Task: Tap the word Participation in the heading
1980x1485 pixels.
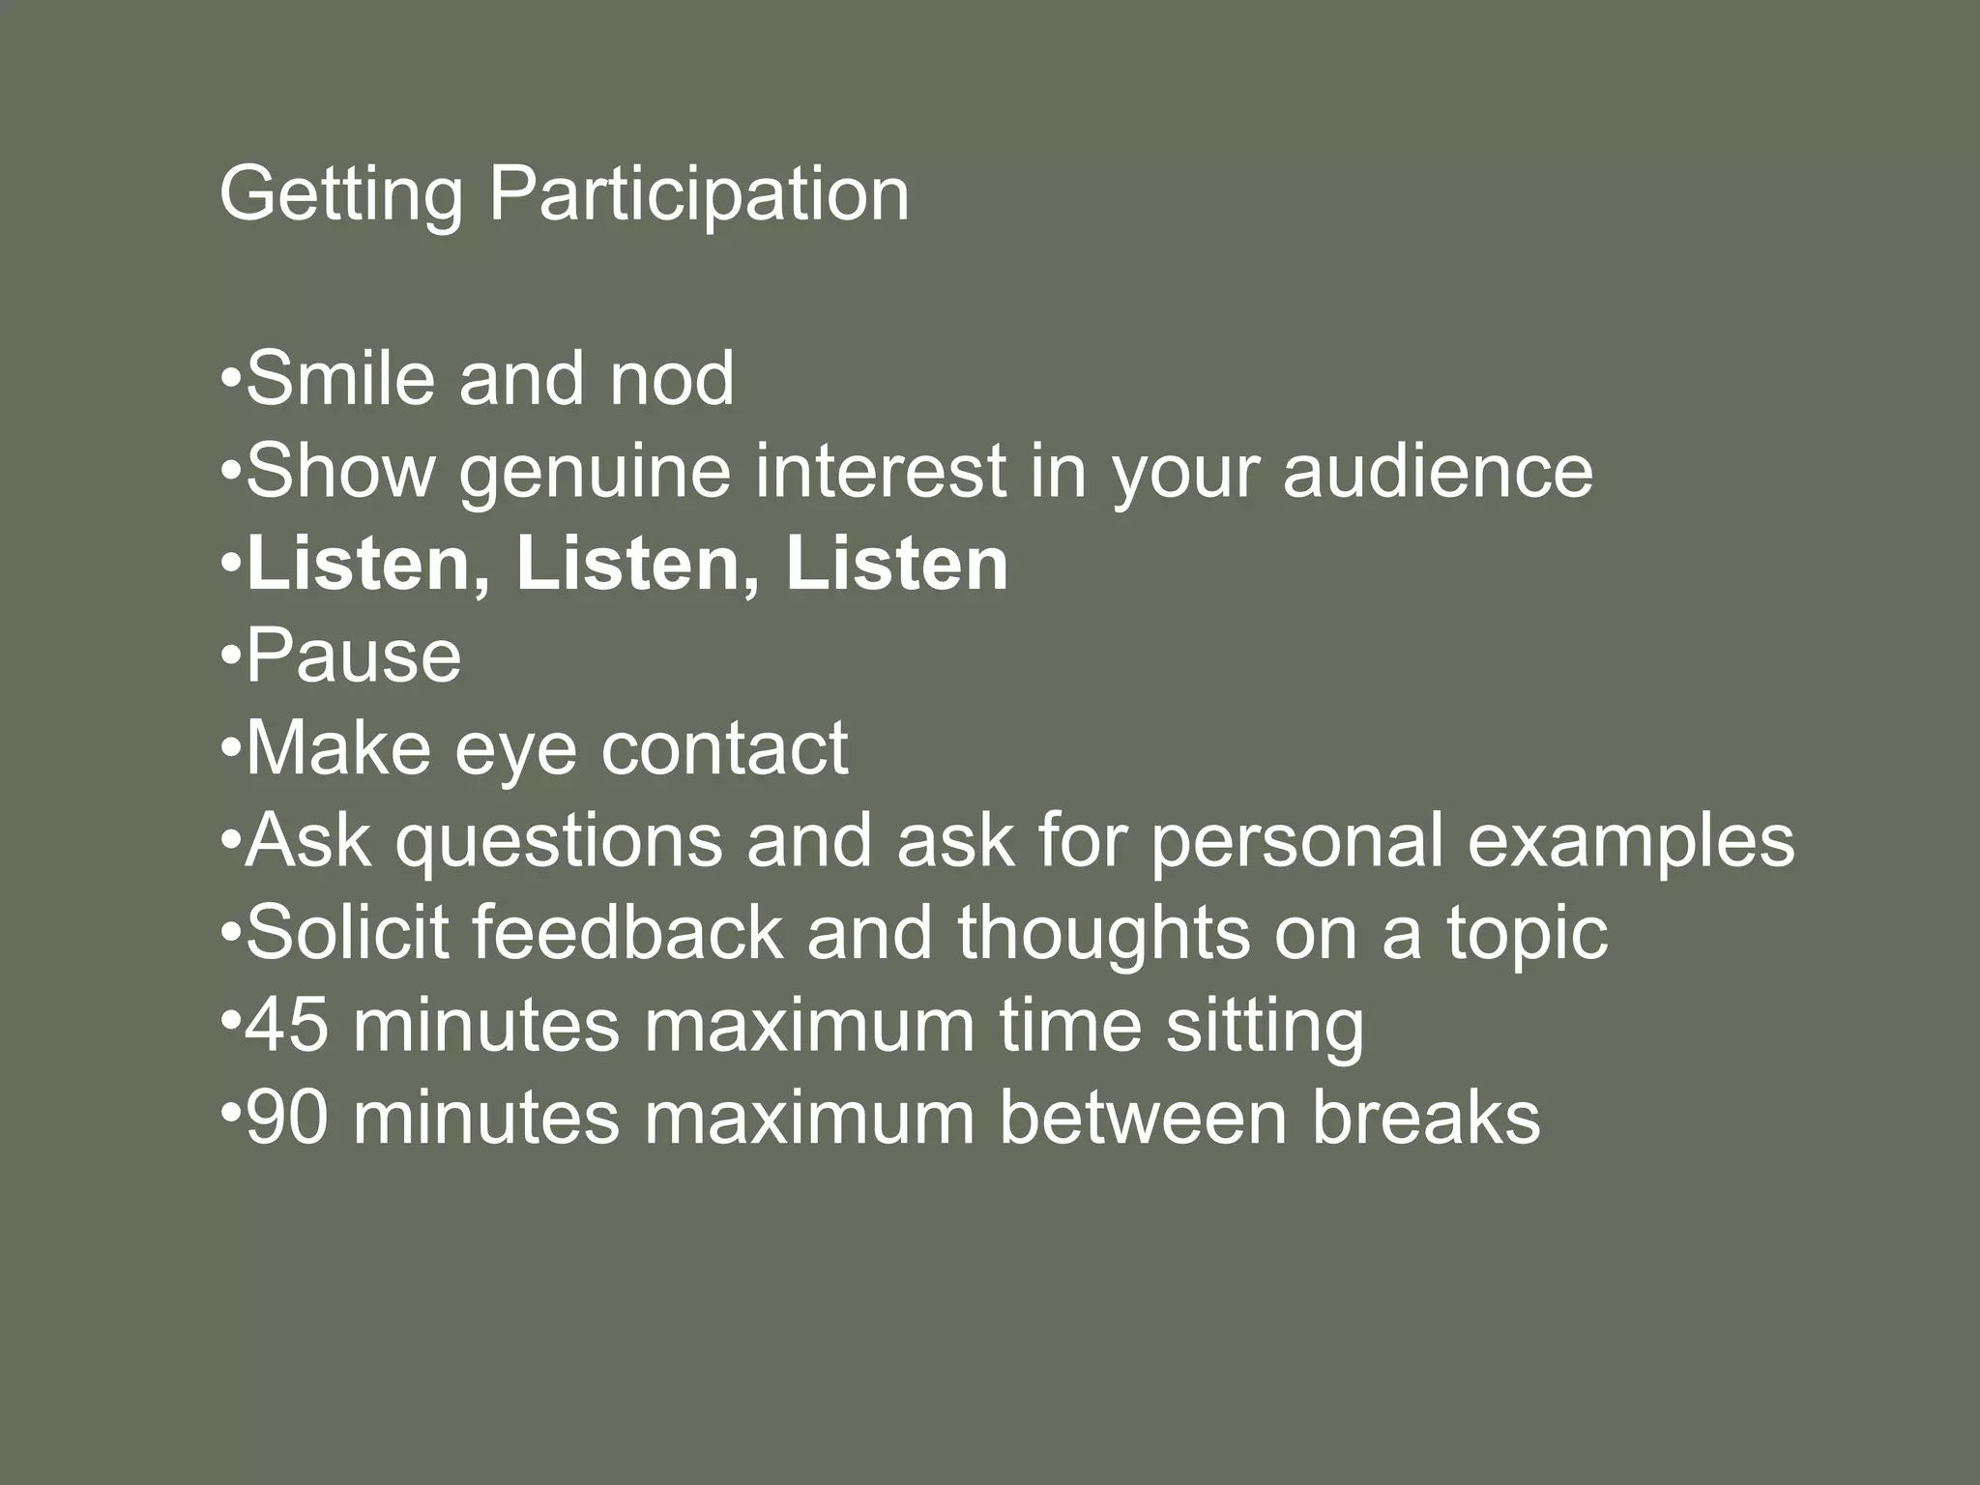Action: (698, 196)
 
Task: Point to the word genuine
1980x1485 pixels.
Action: (594, 474)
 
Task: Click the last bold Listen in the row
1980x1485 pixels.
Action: (896, 564)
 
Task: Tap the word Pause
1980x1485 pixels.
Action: (354, 656)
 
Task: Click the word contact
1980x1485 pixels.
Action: (724, 748)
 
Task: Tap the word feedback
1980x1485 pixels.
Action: (627, 933)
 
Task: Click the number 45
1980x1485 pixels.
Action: (286, 1026)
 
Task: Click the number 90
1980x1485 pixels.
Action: (286, 1119)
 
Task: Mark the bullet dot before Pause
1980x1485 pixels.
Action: (230, 655)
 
